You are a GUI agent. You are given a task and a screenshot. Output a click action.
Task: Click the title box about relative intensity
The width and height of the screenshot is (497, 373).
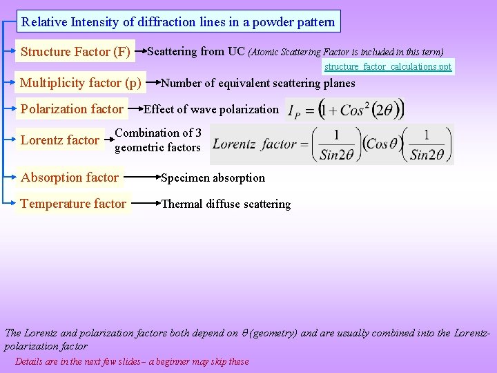tap(178, 21)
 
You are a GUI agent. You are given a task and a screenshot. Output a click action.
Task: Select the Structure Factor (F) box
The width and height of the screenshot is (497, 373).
tap(75, 51)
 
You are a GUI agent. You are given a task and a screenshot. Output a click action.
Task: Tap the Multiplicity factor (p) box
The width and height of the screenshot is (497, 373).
tap(81, 84)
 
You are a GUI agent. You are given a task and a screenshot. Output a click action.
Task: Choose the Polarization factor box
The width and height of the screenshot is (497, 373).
tap(72, 108)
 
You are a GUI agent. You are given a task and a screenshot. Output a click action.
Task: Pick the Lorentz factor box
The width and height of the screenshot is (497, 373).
tap(59, 140)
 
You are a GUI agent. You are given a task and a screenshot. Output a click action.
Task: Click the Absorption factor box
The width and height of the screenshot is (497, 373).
tap(70, 178)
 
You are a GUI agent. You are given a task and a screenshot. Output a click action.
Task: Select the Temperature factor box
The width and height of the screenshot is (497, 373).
tap(73, 204)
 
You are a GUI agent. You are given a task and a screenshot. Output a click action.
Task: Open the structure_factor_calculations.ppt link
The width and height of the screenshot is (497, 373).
tap(388, 67)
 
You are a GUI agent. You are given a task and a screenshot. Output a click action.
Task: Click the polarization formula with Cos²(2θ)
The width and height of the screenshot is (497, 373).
tap(345, 110)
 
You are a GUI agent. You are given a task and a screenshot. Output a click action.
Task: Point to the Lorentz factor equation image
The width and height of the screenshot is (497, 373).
tap(332, 144)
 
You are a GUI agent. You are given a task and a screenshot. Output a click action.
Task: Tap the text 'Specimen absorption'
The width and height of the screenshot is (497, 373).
tap(213, 178)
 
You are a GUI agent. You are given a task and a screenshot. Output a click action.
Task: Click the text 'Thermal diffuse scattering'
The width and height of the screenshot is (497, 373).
tap(226, 204)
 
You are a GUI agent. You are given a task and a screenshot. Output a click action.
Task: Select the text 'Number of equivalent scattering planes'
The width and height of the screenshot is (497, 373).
tap(257, 84)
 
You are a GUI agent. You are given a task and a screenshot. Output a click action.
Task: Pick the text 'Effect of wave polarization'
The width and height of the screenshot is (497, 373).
tap(211, 109)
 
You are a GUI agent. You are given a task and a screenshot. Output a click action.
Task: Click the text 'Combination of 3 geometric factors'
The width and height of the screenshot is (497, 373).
tap(158, 140)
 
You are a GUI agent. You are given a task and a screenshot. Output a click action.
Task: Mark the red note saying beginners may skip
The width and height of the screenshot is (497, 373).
tap(132, 361)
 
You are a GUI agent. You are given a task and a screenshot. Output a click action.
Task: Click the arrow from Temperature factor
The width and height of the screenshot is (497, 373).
tap(146, 203)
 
